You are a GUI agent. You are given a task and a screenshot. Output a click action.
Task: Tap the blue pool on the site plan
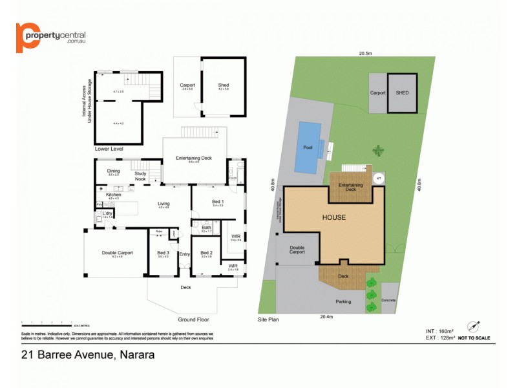coord(308,147)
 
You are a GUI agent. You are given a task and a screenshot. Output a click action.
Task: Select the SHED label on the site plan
coord(402,92)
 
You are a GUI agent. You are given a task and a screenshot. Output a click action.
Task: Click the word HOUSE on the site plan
coord(334,217)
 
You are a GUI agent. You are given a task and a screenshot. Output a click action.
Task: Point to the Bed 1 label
coord(218,202)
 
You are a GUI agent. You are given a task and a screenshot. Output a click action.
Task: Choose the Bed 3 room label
coord(163,253)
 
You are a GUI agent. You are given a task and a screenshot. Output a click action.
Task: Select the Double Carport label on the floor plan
coord(117,253)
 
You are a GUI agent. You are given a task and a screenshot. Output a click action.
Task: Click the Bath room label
coord(206,227)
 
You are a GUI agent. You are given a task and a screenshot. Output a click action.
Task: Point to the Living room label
coord(164,204)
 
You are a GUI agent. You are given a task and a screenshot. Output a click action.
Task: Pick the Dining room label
coord(114,171)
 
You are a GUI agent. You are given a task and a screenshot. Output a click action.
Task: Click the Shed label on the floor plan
coord(224,85)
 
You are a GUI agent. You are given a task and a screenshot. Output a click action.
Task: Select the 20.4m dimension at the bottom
coord(326,317)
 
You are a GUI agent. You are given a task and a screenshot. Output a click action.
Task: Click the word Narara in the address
coord(135,354)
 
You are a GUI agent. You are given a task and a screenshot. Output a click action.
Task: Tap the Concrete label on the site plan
coord(389,301)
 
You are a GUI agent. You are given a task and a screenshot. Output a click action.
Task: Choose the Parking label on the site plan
coord(343,302)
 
